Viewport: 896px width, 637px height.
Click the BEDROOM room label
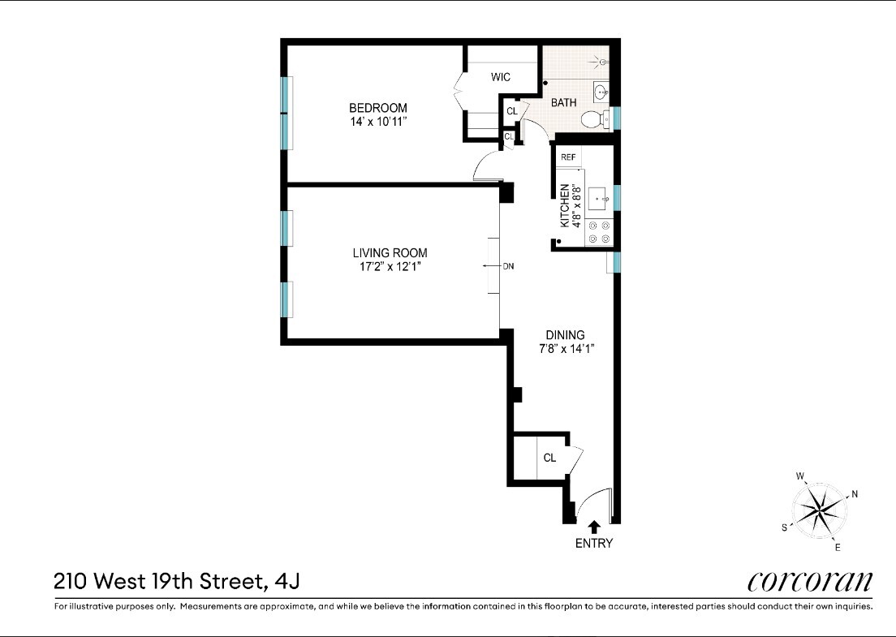(377, 108)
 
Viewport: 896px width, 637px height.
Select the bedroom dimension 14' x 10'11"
(378, 123)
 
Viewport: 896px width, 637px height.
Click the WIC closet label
(501, 78)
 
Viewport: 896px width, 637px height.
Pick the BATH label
(564, 103)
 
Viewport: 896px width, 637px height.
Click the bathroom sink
(601, 92)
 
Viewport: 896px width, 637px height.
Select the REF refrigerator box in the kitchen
(568, 157)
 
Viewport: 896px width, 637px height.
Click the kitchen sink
(599, 197)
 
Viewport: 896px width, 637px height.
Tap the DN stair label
(509, 266)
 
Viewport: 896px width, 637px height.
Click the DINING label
(565, 335)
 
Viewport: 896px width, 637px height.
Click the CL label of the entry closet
(549, 458)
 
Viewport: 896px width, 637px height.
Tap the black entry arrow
(594, 527)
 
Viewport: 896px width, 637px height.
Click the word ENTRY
(594, 544)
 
